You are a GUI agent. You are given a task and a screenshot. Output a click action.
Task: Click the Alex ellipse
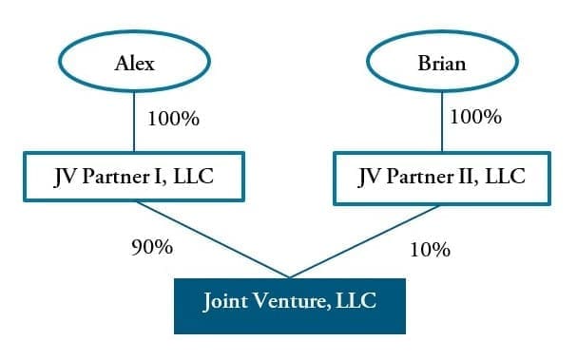(x=134, y=64)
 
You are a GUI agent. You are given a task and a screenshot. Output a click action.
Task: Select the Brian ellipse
(x=442, y=64)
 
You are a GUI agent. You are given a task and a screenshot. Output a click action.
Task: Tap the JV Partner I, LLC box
(x=134, y=178)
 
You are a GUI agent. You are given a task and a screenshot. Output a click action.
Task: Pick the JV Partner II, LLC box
(x=442, y=178)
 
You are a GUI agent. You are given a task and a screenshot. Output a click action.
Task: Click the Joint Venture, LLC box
(x=289, y=304)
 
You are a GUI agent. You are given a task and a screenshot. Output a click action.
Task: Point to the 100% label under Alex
(x=173, y=121)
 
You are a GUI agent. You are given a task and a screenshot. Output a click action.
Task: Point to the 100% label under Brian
(x=475, y=118)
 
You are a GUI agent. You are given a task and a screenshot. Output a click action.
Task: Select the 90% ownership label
(x=151, y=248)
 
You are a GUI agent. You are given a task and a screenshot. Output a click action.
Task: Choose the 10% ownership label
(x=429, y=250)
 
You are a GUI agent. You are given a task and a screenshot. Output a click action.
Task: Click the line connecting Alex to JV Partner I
(x=134, y=123)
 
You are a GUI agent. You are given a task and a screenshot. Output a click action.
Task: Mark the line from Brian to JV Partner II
(x=442, y=123)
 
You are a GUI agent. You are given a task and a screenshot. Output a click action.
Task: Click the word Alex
(x=134, y=65)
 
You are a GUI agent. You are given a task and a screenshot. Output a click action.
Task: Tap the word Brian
(x=442, y=65)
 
